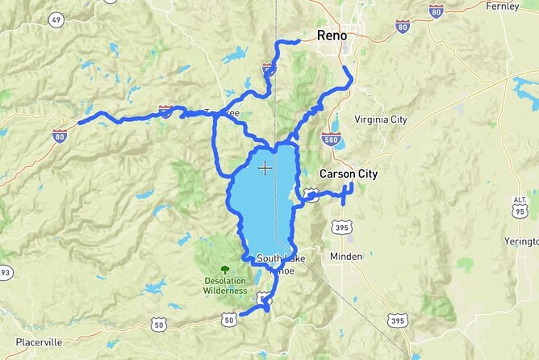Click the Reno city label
coord(332,36)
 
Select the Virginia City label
coord(382,119)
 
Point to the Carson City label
coord(349,174)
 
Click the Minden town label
coord(347,256)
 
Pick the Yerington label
coord(520,241)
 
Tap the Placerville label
coord(32,342)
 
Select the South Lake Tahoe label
coord(281,264)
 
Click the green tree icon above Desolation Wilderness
coord(225,270)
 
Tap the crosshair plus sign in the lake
coord(265,168)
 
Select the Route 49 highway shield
coord(56,19)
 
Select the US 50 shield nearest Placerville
coord(159,324)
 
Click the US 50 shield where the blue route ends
coord(231,320)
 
